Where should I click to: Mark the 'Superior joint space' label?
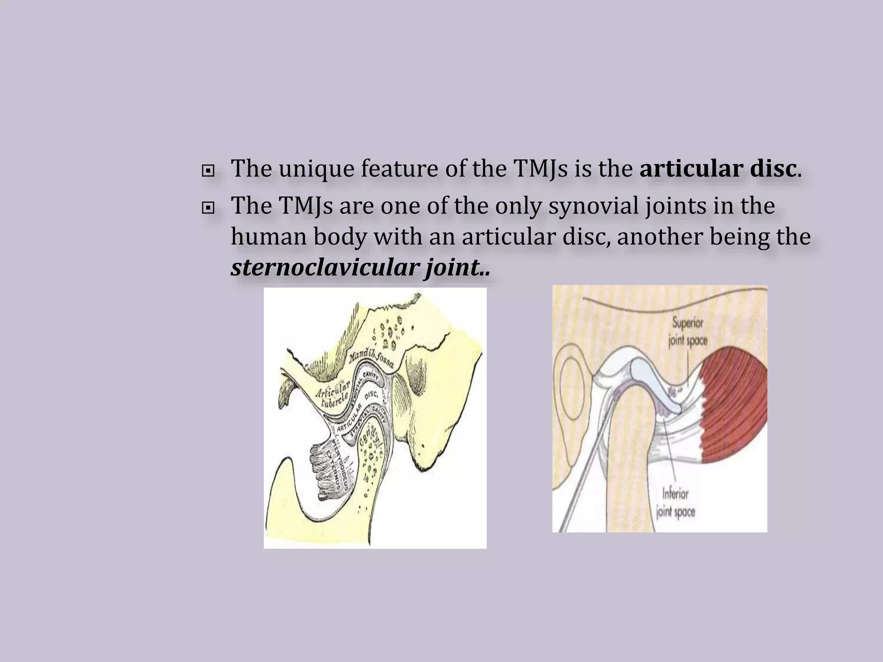pos(687,332)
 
